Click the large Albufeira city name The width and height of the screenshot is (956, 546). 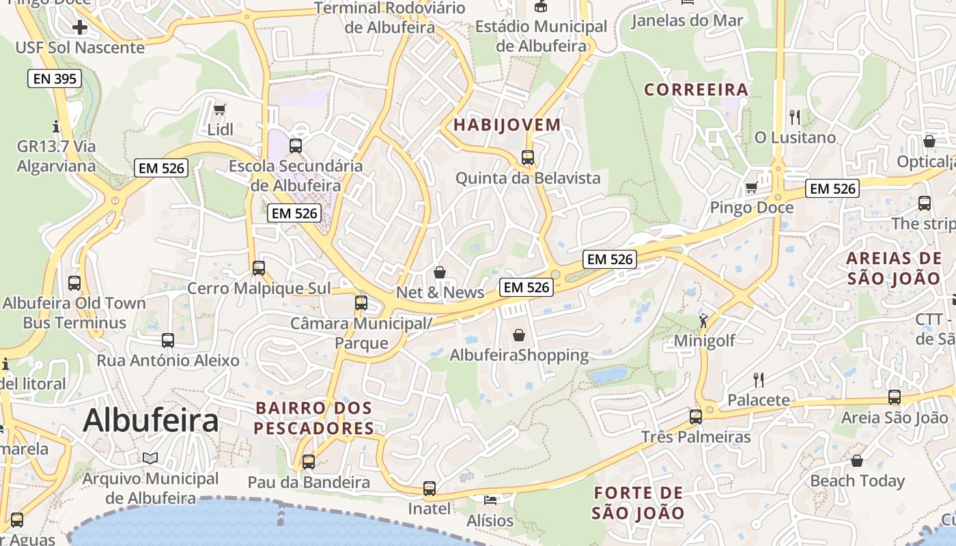click(x=151, y=420)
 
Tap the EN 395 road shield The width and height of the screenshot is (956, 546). click(x=55, y=78)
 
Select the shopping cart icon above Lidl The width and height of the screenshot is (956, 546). click(x=220, y=109)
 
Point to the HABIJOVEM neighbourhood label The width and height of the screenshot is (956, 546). click(x=507, y=125)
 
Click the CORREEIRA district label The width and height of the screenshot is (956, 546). click(x=697, y=89)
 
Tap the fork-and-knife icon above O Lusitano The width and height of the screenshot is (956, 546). click(x=794, y=117)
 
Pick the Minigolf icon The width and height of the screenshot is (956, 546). click(x=703, y=320)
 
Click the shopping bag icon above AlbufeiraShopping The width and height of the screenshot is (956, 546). click(x=519, y=335)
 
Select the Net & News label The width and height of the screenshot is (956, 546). click(x=440, y=293)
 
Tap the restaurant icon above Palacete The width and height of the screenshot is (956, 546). click(x=758, y=379)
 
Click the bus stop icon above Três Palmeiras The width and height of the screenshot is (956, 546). click(x=695, y=416)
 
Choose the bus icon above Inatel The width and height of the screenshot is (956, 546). click(x=429, y=489)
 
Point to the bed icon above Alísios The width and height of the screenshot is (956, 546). click(x=490, y=500)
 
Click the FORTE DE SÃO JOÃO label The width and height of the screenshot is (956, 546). click(x=638, y=503)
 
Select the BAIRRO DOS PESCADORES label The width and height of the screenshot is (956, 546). click(x=314, y=418)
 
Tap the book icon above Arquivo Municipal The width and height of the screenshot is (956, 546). click(x=150, y=458)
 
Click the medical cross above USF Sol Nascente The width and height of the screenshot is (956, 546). click(x=80, y=27)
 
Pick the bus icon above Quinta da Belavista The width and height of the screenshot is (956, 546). click(x=527, y=158)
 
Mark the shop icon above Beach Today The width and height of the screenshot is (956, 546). click(x=857, y=461)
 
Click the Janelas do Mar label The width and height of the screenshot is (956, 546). click(x=686, y=20)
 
